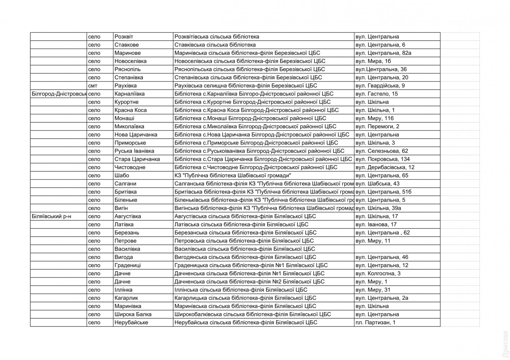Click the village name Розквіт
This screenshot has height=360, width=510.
124,37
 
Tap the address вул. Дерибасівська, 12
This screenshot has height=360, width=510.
385,167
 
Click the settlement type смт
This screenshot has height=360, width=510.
92,86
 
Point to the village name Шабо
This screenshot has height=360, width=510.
121,175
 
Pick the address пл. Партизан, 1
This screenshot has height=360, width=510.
375,323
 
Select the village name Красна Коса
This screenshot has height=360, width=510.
130,110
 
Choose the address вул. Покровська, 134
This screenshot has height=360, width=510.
382,159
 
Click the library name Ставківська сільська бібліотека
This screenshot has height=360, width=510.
215,45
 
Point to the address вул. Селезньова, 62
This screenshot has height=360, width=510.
382,151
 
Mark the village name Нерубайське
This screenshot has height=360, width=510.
131,323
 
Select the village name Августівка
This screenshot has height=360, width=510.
128,216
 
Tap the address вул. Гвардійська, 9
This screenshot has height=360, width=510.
380,86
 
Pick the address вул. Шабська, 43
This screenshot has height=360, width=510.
377,184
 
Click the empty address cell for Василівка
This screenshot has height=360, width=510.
397,249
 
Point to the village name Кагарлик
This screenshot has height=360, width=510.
126,298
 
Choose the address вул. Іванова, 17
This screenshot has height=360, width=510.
376,225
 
